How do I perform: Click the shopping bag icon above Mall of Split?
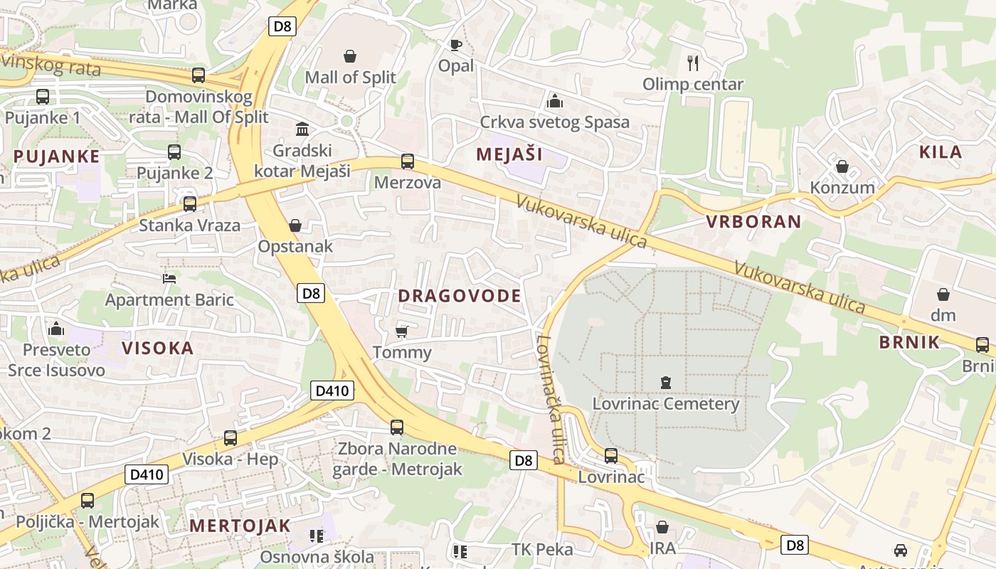pyautogui.click(x=350, y=56)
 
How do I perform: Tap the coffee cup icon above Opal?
pyautogui.click(x=456, y=46)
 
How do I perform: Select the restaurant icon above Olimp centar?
pyautogui.click(x=693, y=63)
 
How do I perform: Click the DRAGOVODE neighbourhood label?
pyautogui.click(x=460, y=296)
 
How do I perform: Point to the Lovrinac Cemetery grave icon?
pyautogui.click(x=665, y=383)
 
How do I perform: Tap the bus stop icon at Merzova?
pyautogui.click(x=407, y=161)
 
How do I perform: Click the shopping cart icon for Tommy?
pyautogui.click(x=401, y=331)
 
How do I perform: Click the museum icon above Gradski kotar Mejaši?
pyautogui.click(x=302, y=129)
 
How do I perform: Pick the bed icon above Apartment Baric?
pyautogui.click(x=169, y=278)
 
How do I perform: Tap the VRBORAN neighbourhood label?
pyautogui.click(x=753, y=221)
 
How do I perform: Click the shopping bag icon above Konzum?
pyautogui.click(x=842, y=167)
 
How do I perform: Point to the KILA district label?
pyautogui.click(x=941, y=151)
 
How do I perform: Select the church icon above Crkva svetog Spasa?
pyautogui.click(x=554, y=101)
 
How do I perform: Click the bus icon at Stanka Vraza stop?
pyautogui.click(x=189, y=204)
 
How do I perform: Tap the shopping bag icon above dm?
pyautogui.click(x=943, y=294)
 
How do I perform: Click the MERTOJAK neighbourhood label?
pyautogui.click(x=240, y=526)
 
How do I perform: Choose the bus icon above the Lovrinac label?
pyautogui.click(x=610, y=455)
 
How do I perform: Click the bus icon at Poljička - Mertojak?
pyautogui.click(x=87, y=501)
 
